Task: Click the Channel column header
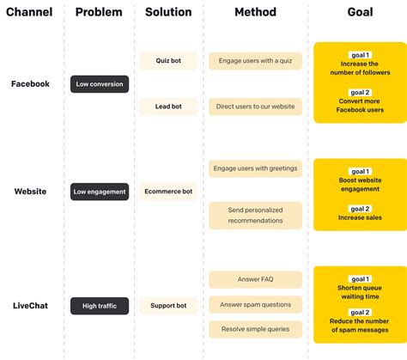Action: coord(29,12)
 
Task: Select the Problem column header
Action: coord(99,12)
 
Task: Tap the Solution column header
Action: coord(168,12)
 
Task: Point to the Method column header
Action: coord(255,12)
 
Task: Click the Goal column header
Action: coord(360,12)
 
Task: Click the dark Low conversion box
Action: coord(100,84)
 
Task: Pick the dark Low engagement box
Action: coord(100,192)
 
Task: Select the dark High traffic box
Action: coord(100,305)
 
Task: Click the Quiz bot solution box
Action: coord(168,61)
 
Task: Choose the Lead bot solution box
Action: coord(168,107)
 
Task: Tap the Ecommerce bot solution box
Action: coord(168,192)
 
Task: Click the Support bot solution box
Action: coord(168,305)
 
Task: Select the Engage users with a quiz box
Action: coord(255,61)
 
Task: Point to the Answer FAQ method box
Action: coord(255,279)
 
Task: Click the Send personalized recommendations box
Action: coord(255,216)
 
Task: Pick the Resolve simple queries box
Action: coord(255,329)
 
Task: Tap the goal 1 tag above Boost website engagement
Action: coord(360,172)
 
